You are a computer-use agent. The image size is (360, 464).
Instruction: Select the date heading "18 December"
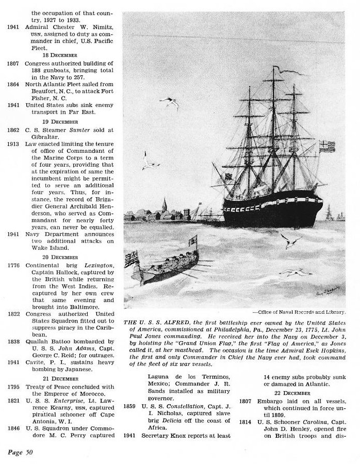tap(60, 54)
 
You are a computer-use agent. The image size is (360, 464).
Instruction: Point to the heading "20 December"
tap(60, 256)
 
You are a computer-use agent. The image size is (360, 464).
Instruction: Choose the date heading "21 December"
tap(60, 378)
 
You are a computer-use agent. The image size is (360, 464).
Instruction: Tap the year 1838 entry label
tap(13, 341)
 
